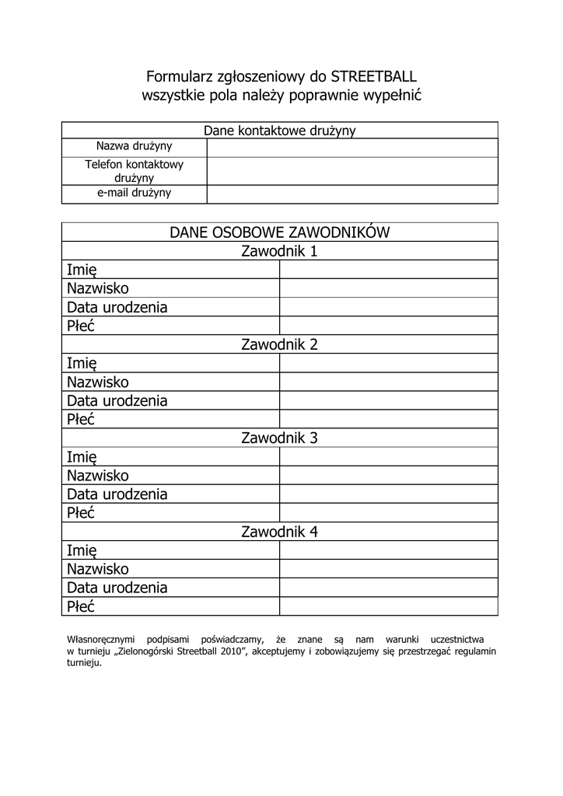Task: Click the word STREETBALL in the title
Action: (373, 77)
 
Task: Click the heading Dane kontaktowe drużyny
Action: (279, 131)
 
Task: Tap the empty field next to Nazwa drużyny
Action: (351, 147)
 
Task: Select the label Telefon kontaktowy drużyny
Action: (134, 171)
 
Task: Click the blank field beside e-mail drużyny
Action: (351, 194)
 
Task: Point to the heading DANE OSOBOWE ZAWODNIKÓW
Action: (279, 232)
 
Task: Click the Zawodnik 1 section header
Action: (279, 251)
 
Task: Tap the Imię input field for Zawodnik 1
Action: (388, 270)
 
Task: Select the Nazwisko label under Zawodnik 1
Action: (98, 288)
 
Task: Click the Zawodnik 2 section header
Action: (279, 344)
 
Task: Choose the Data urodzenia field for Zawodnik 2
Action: (388, 401)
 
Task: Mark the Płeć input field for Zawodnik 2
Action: (388, 420)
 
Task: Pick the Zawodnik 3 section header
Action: (279, 438)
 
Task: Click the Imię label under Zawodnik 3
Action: (82, 457)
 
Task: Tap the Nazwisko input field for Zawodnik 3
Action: (388, 476)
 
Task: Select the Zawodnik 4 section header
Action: (279, 532)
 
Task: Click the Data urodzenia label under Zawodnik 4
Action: (117, 588)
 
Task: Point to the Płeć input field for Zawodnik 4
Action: (388, 606)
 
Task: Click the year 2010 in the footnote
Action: (233, 651)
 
